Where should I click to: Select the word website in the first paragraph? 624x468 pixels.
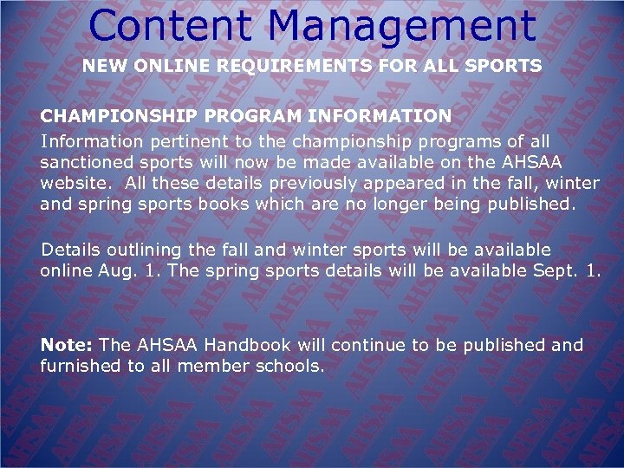coord(75,184)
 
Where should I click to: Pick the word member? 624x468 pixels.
coord(211,367)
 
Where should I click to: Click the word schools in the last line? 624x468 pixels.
coord(289,367)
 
